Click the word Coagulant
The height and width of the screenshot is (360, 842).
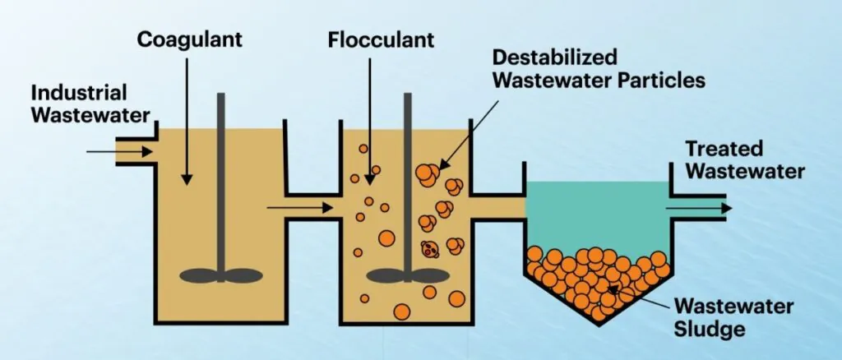tap(187, 39)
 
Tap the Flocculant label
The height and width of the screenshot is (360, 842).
tap(370, 39)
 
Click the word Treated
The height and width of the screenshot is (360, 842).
tap(724, 150)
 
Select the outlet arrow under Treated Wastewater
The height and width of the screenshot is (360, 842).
tap(698, 208)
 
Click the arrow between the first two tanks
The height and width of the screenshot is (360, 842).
tap(299, 208)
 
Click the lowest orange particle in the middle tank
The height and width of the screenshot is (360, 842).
tap(402, 312)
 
